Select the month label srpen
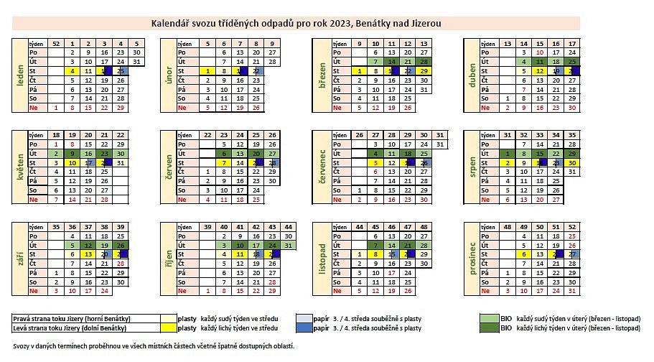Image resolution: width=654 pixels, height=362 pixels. pos(471,168)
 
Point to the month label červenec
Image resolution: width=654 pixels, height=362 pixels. pos(322,168)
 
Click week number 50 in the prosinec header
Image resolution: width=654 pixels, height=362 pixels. pos(540,227)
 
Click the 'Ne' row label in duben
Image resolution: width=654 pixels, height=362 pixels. pos(485,108)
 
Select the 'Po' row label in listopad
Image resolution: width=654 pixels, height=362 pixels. pos(335,236)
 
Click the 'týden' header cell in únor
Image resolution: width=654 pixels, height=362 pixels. pos(185,44)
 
